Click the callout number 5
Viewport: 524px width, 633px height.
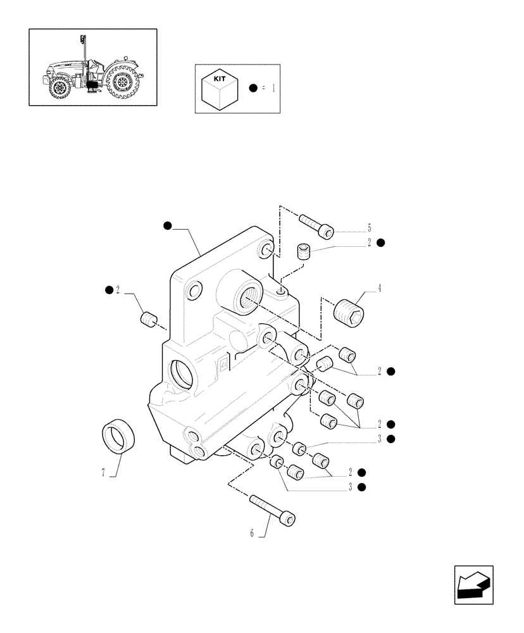(x=369, y=229)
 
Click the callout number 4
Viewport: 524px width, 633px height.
(x=380, y=289)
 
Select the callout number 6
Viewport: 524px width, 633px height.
(x=252, y=534)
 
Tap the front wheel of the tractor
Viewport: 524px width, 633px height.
(x=61, y=88)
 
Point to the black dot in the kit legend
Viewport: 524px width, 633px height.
(x=253, y=89)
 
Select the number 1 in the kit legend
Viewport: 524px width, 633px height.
(x=273, y=89)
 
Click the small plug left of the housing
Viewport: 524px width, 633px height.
(x=148, y=320)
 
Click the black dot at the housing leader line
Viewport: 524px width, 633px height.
(x=167, y=225)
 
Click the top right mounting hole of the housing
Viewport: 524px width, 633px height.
(x=266, y=251)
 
